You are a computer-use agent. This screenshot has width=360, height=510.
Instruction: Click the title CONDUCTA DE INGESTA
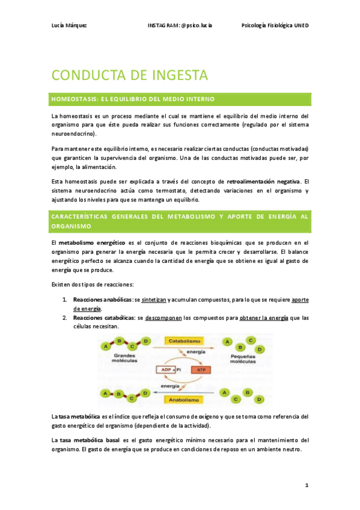130,75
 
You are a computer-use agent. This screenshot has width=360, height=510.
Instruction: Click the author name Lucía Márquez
69,25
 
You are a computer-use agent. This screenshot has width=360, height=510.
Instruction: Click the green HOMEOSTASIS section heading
133,98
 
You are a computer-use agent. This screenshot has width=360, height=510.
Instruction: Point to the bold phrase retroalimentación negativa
262,181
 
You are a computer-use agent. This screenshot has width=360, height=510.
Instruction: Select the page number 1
306,485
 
